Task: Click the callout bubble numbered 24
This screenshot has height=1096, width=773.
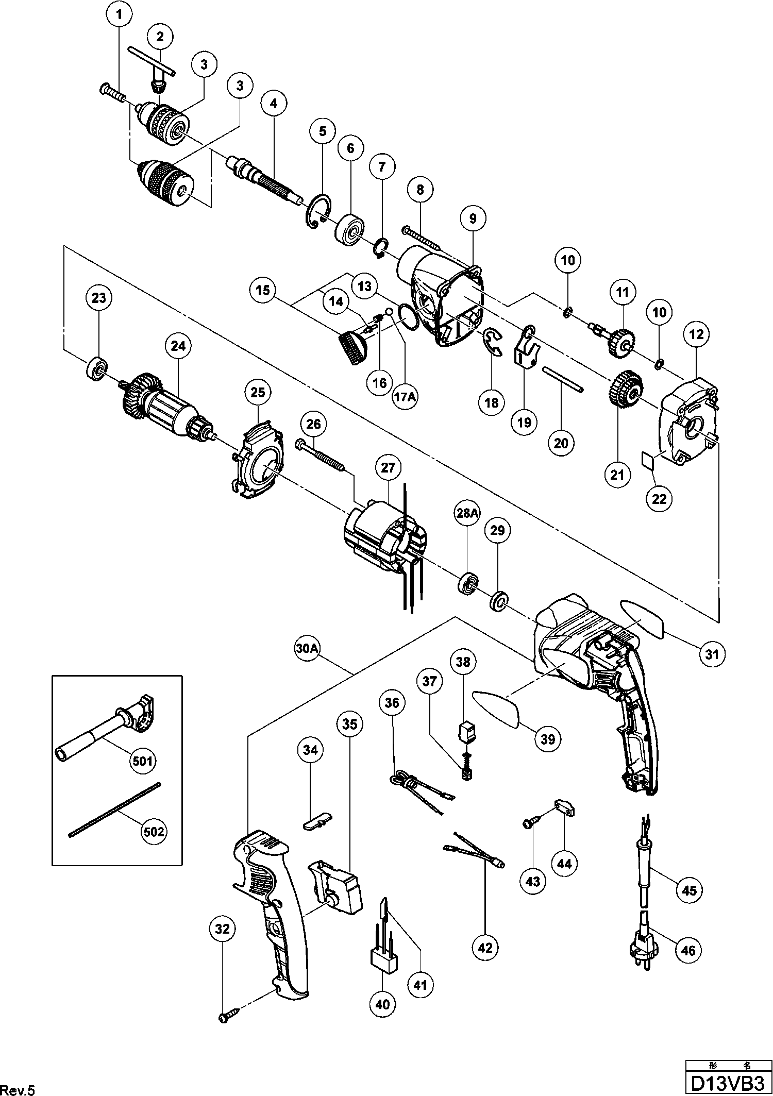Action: [178, 346]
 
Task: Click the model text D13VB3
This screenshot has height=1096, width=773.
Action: [728, 1082]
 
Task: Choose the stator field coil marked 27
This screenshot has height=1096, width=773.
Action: [384, 538]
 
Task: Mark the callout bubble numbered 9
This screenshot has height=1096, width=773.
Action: [473, 218]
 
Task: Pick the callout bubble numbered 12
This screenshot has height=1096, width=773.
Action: [696, 334]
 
